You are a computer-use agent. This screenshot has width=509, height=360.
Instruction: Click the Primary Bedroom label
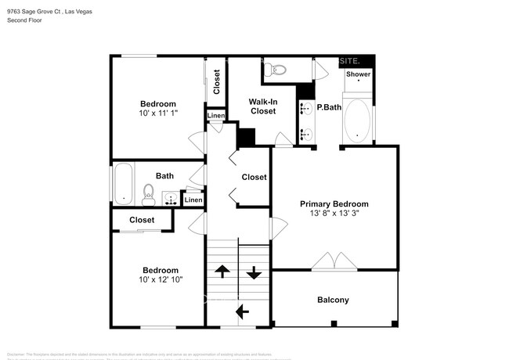pos(334,203)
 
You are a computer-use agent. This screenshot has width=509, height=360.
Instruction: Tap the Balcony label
pos(333,300)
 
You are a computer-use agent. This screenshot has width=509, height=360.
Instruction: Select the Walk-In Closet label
pos(262,106)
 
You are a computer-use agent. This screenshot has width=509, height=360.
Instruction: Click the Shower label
pos(358,74)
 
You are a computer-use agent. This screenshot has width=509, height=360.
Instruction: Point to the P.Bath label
pos(328,107)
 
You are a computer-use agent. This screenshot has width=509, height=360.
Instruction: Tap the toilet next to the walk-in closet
pos(277,71)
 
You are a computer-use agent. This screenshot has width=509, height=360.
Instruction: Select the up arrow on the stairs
pos(222,272)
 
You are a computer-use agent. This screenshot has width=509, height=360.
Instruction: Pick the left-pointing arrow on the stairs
pos(242,311)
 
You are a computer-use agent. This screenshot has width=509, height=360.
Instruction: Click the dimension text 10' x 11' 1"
pos(158,113)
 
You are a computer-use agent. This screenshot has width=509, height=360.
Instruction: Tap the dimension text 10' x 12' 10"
pos(161,279)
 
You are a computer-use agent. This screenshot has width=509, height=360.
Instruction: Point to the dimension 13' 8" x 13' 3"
pos(334,213)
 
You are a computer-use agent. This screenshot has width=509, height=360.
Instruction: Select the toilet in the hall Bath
pos(148,192)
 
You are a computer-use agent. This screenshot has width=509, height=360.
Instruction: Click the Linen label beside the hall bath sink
pos(193,200)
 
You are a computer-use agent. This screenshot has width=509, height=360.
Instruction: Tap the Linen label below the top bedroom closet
pos(216,117)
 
